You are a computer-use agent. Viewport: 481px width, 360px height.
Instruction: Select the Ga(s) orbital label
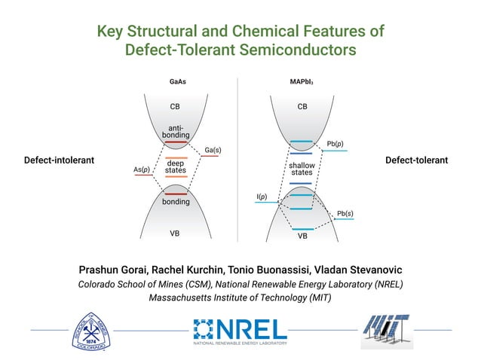click(x=213, y=151)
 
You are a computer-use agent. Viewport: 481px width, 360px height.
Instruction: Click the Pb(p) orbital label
click(x=335, y=143)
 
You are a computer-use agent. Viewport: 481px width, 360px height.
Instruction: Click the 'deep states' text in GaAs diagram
click(x=176, y=167)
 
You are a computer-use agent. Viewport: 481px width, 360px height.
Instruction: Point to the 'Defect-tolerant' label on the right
click(x=416, y=160)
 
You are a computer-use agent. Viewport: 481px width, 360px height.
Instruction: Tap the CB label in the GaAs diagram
click(x=176, y=108)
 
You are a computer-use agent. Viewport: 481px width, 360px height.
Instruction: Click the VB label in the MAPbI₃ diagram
click(x=302, y=236)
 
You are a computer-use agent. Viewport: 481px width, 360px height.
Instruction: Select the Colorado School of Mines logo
click(x=91, y=330)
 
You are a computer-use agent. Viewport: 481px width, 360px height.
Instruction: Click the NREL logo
click(x=240, y=330)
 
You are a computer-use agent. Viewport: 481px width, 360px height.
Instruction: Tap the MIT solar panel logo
click(x=385, y=329)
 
